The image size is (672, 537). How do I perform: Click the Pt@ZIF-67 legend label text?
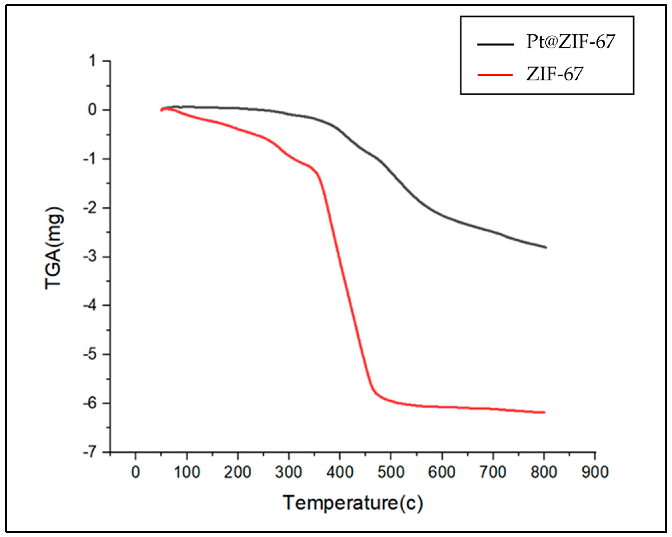[x=570, y=42]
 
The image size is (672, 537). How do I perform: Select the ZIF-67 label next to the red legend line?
[x=554, y=74]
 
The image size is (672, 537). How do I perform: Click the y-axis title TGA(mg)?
[x=55, y=248]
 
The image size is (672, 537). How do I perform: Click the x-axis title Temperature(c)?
[x=353, y=503]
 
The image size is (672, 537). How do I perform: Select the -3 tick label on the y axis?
[x=90, y=257]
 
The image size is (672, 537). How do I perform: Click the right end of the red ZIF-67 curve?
[x=544, y=412]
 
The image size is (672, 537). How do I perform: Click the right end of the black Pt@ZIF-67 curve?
[x=546, y=247]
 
